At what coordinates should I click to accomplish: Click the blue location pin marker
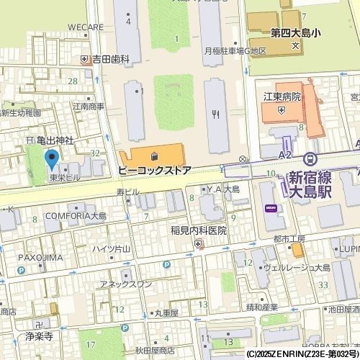point(51,158)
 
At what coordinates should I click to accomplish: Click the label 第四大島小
point(294,32)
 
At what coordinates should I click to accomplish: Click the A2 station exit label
point(285,155)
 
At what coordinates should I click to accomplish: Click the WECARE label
point(86,27)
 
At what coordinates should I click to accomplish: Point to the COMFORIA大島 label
point(75,215)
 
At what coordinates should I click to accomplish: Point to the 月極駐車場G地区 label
point(235,51)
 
